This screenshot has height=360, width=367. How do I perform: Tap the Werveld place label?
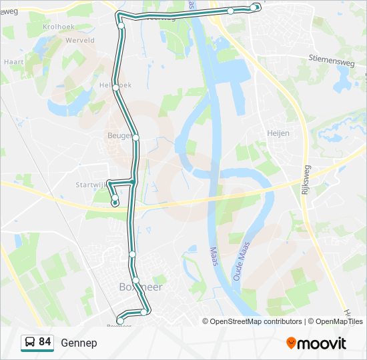coord(80,40)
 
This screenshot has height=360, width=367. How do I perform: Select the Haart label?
coord(13,62)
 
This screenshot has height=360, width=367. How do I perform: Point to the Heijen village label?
coord(278,133)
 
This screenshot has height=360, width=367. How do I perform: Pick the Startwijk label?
coord(90,185)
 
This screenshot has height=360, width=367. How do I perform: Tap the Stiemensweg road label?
coord(330,59)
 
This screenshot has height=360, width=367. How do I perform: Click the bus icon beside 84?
coord(30,343)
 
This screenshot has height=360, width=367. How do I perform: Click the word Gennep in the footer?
coord(79,343)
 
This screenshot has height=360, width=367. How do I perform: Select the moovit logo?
coord(316,343)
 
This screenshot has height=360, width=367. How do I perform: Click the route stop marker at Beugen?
coord(135,138)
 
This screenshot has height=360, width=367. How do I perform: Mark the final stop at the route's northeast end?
coord(257,7)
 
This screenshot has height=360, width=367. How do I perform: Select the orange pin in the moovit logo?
coord(291,343)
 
